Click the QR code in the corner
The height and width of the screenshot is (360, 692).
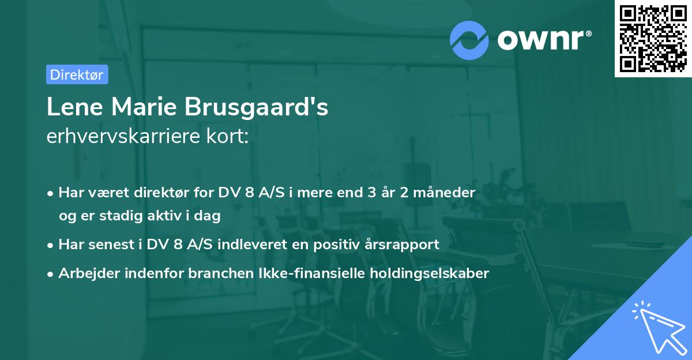coord(653,38)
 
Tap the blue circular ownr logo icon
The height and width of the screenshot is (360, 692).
coord(470,40)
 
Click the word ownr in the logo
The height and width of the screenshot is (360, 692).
coord(543,40)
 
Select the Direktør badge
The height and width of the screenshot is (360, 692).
coord(77,74)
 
